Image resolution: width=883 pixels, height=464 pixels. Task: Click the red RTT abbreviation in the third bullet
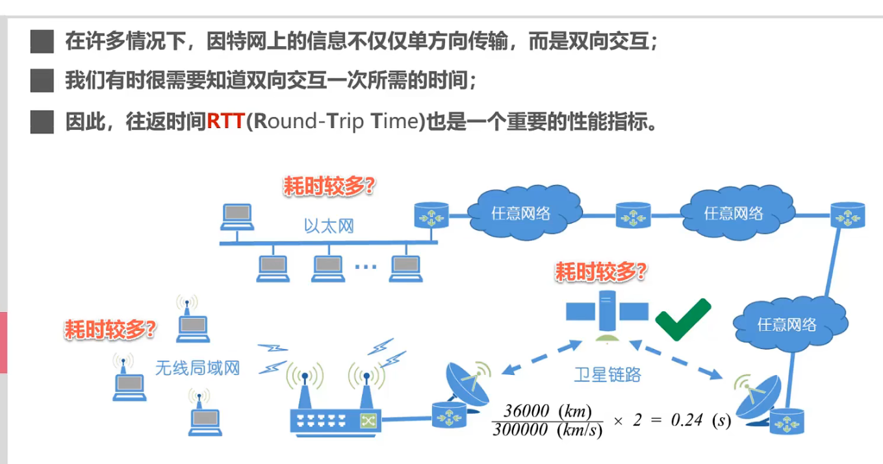225,121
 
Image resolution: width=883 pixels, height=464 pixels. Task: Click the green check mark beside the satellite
682,318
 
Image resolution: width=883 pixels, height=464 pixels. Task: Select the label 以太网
329,226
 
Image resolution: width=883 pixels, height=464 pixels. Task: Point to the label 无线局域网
197,368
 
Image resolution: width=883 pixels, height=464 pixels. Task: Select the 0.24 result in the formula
686,420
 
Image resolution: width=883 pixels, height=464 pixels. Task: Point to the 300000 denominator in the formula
520,430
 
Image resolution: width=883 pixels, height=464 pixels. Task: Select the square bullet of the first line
42,43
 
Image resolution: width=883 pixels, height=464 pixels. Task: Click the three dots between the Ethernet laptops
366,266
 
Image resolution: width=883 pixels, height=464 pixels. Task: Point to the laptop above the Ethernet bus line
236,216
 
